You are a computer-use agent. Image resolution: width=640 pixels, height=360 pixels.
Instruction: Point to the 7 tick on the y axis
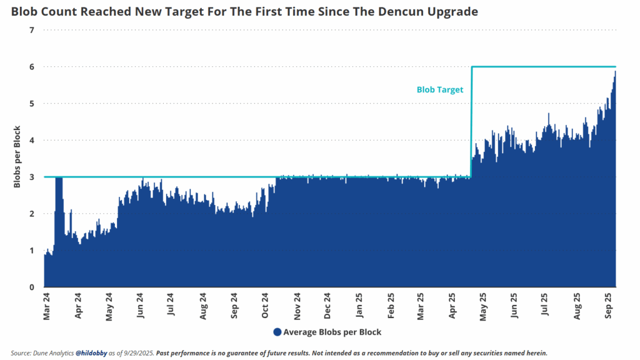point(32,30)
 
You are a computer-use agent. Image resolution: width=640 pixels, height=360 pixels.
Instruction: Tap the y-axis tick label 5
point(32,104)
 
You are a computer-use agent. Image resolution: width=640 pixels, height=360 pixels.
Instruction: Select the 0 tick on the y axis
point(32,287)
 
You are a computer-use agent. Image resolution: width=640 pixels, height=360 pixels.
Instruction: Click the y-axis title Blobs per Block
point(17,157)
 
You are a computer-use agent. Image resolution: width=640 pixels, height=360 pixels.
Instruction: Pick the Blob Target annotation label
point(440,90)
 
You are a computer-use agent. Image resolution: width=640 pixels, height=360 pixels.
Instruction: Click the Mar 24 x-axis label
point(46,306)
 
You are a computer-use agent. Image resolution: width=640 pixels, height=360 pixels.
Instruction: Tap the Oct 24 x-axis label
point(265,305)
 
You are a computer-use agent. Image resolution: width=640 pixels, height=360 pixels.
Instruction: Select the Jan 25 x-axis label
point(359,305)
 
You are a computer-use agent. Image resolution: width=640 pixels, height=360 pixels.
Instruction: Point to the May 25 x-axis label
point(483,306)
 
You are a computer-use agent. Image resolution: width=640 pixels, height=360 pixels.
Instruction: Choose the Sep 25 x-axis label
point(609,306)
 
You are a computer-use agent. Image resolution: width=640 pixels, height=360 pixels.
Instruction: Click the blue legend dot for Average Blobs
point(277,332)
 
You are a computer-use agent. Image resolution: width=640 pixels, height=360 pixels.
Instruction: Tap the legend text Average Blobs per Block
point(332,332)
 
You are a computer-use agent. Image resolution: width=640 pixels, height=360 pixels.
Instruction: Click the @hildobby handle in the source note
point(91,353)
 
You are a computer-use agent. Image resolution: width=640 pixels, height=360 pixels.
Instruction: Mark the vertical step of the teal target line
point(471,122)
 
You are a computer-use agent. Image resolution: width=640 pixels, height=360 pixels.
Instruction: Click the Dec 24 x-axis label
point(327,306)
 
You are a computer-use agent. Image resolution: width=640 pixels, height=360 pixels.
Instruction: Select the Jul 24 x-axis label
point(171,304)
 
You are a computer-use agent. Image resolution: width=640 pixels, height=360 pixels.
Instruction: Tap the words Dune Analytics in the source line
point(53,353)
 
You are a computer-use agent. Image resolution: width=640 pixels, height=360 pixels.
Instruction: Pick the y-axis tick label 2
point(32,214)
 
